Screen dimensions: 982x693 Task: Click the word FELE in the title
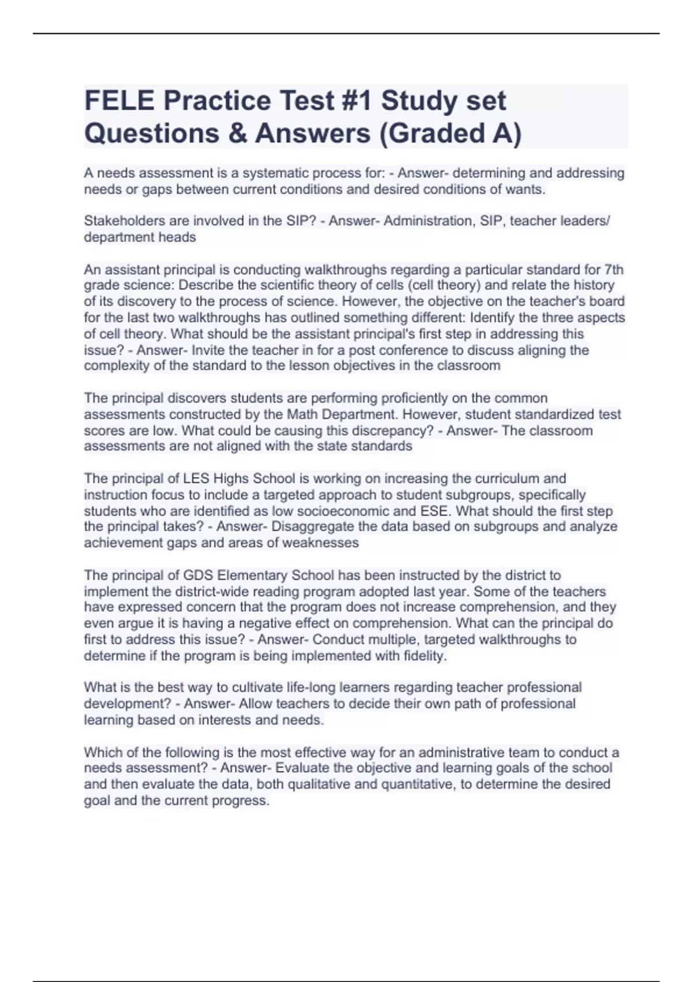[120, 101]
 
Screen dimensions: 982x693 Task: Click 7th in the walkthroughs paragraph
[613, 270]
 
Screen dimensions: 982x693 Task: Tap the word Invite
[208, 350]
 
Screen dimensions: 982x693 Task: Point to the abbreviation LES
[196, 478]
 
